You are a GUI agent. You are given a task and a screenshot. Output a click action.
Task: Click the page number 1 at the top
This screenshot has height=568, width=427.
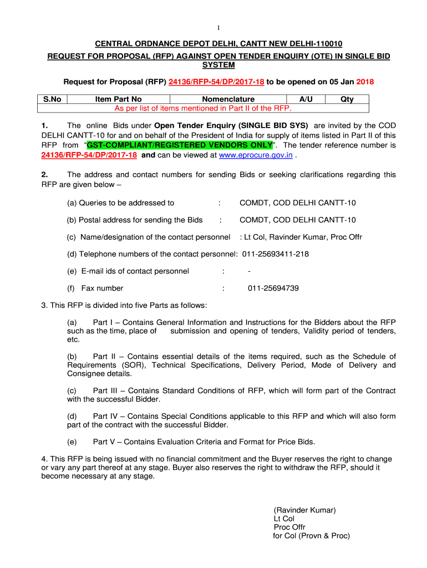pyautogui.click(x=218, y=28)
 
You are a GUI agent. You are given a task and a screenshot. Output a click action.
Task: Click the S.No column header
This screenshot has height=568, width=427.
pyautogui.click(x=52, y=99)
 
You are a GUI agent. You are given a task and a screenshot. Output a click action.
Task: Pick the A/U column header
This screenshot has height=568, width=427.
pyautogui.click(x=306, y=99)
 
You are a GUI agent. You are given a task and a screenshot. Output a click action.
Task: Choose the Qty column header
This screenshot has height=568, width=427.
pyautogui.click(x=347, y=99)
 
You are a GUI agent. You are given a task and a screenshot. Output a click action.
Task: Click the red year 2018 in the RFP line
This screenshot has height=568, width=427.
pyautogui.click(x=365, y=82)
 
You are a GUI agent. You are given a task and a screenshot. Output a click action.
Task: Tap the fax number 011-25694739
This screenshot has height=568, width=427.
pyautogui.click(x=273, y=288)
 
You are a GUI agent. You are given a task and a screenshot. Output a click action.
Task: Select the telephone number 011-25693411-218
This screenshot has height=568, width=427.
pyautogui.click(x=276, y=254)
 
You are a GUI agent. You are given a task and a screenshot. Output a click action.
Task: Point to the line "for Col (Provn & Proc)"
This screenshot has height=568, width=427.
pyautogui.click(x=311, y=536)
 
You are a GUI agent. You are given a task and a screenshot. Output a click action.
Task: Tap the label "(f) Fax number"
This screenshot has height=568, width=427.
pyautogui.click(x=95, y=288)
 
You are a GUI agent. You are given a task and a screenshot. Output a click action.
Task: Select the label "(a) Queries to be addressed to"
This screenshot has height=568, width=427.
pyautogui.click(x=121, y=203)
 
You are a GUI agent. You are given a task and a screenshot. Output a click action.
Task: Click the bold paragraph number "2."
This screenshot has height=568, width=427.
pyautogui.click(x=45, y=175)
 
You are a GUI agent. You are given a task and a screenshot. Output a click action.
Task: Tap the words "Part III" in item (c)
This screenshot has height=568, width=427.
pyautogui.click(x=107, y=390)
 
